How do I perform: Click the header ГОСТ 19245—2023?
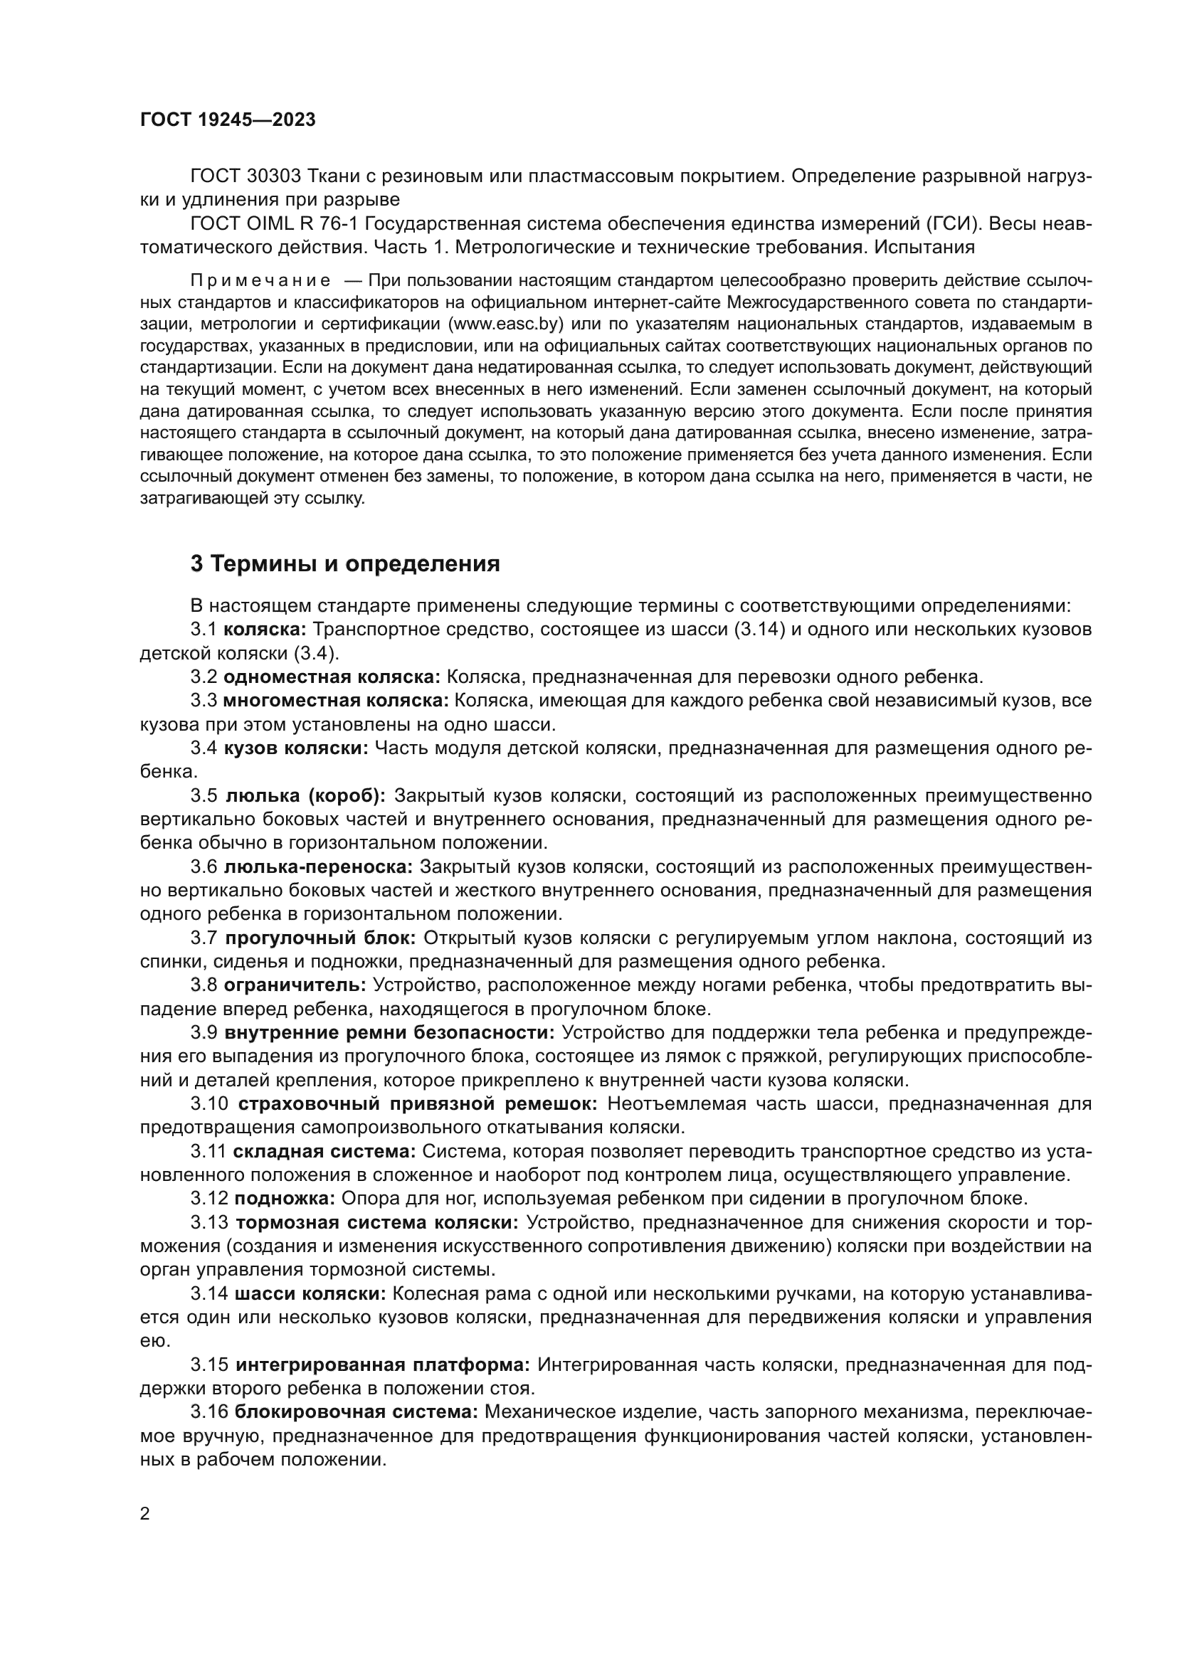(228, 120)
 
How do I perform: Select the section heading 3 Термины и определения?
(345, 564)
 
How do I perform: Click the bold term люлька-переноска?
(318, 867)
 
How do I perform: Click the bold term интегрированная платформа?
(383, 1365)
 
